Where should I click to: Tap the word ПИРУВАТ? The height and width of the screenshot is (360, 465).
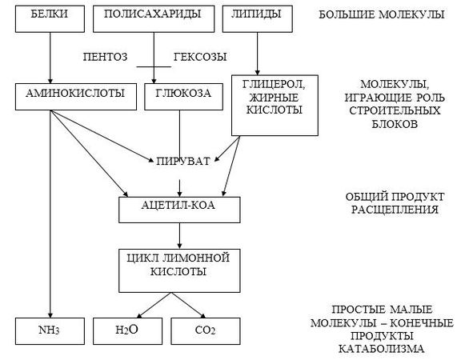coord(183,162)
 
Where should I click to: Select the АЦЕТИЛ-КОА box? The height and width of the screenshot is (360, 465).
coord(180,210)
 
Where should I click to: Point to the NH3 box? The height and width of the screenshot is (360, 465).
coord(49,328)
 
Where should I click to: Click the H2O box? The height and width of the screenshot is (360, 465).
coord(126,328)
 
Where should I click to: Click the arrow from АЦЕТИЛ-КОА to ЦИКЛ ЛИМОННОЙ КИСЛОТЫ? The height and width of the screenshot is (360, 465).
coord(180,236)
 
